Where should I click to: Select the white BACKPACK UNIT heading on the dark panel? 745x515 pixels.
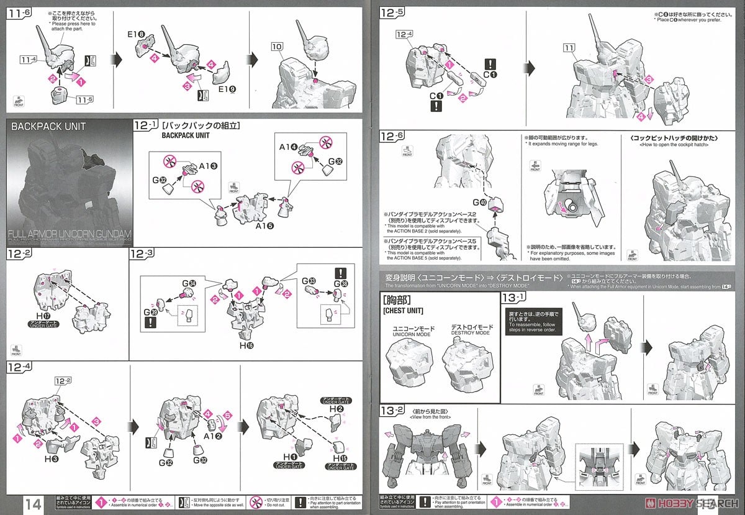48,127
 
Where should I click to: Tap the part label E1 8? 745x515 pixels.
138,36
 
